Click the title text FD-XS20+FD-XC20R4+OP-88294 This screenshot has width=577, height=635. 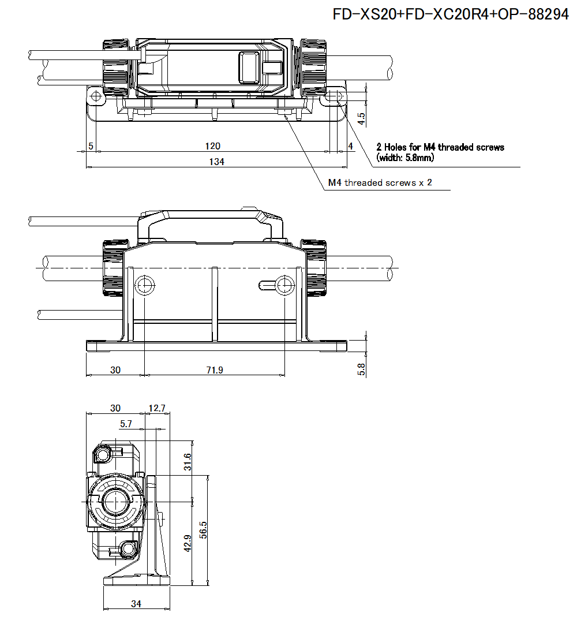[451, 15]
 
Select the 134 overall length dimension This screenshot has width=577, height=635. [216, 162]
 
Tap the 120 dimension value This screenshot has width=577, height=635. [213, 146]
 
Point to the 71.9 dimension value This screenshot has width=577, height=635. [214, 370]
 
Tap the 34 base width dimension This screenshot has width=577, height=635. [136, 604]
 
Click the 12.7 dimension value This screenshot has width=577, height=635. [156, 408]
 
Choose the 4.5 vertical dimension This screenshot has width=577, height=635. [361, 119]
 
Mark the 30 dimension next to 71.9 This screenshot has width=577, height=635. [115, 370]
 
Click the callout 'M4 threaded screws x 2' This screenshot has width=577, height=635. [380, 183]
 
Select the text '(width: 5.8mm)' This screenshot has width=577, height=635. [405, 157]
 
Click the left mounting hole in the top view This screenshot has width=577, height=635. [95, 95]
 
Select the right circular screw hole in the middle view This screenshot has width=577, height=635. [284, 284]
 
